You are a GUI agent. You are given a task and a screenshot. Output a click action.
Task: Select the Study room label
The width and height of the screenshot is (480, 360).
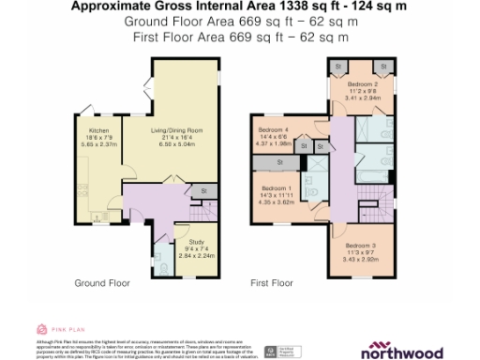tap(183, 241)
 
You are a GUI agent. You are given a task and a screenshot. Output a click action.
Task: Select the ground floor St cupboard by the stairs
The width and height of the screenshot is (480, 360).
tap(203, 191)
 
